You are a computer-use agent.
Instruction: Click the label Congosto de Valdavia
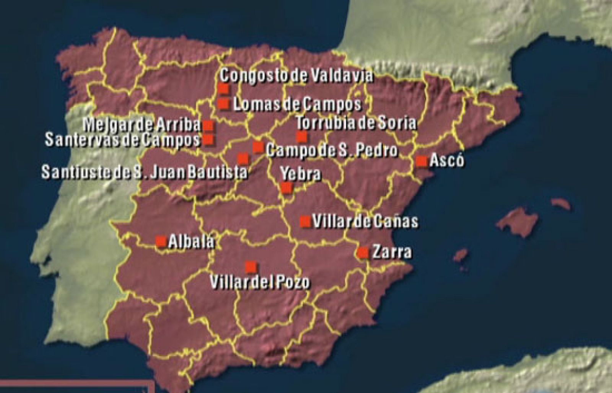point(296,76)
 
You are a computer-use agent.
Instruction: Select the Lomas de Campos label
point(297,104)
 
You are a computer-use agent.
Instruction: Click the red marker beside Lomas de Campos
point(223,103)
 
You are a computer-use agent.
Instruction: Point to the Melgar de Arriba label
point(142,124)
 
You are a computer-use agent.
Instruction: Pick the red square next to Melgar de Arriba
point(208,126)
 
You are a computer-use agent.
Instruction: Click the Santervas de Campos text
point(123,140)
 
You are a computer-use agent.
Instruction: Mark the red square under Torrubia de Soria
point(302,136)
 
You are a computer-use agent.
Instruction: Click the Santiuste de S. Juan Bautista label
point(145,172)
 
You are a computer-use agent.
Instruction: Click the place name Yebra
point(301,174)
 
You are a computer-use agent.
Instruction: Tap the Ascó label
point(447,160)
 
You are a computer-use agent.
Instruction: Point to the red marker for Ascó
point(422,161)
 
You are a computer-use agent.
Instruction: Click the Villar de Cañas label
point(365,222)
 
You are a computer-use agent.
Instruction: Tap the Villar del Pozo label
point(260,282)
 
